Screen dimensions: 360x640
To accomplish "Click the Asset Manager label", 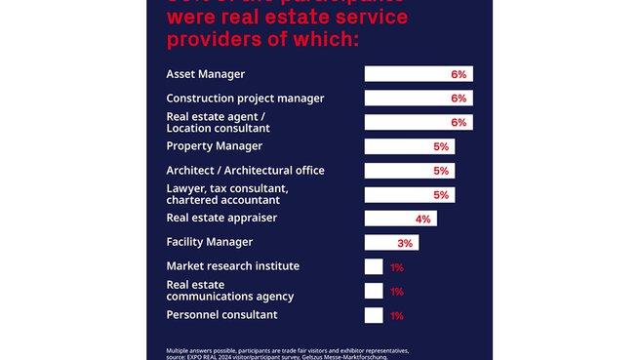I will [x=206, y=74].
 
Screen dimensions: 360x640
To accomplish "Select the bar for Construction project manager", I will [x=418, y=99].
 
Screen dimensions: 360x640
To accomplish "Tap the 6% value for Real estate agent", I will [x=460, y=123].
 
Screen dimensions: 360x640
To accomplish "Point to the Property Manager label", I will [x=215, y=146].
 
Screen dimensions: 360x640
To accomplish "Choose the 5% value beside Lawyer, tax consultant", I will [x=441, y=195].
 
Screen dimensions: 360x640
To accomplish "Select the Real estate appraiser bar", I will [x=400, y=219].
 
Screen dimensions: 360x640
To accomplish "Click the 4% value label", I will [x=422, y=219].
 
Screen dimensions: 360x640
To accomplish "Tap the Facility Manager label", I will [x=210, y=242].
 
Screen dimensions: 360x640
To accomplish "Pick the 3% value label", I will [x=405, y=243].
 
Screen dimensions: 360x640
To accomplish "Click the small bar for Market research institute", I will [x=374, y=266].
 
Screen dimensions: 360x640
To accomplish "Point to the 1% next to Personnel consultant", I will [x=397, y=315].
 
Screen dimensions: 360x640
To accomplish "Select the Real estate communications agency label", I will [x=230, y=290].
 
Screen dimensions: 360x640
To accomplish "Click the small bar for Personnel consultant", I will [x=374, y=315].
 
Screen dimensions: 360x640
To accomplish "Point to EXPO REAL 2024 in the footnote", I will [x=215, y=357].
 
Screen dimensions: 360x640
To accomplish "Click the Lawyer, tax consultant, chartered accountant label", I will [x=227, y=194].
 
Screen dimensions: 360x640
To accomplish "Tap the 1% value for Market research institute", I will [x=397, y=267].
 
